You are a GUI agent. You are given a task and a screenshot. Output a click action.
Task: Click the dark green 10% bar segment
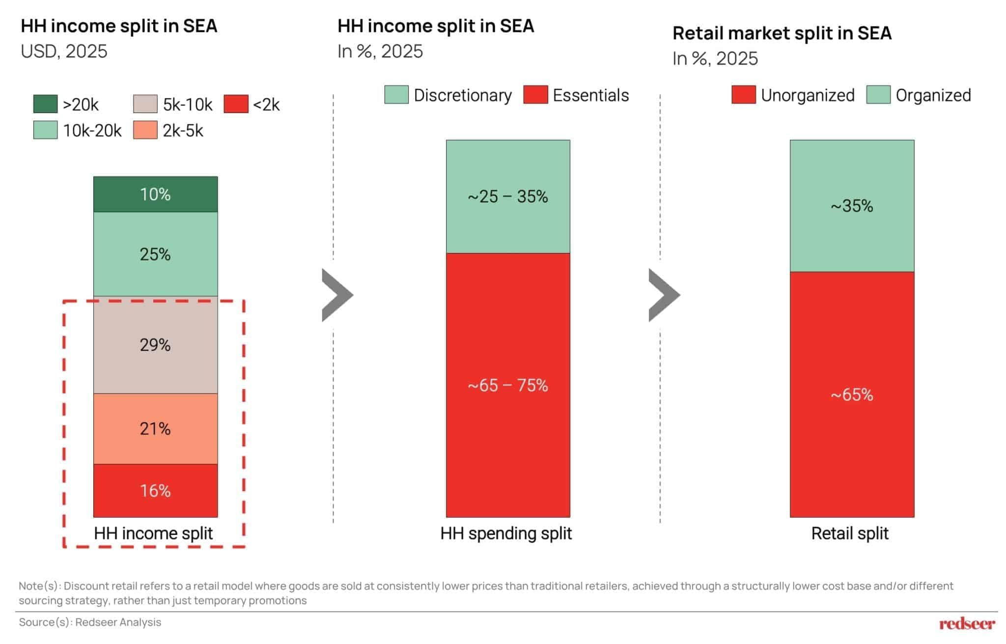tap(155, 194)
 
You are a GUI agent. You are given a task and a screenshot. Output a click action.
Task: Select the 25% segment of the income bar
tap(155, 254)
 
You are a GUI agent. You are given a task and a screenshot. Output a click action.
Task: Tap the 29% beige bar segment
tap(155, 345)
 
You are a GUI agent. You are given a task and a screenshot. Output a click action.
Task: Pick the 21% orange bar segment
tap(155, 429)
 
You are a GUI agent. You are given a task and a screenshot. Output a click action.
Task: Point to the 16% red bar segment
tap(155, 490)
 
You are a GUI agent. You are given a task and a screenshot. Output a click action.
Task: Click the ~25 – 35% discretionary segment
tap(508, 196)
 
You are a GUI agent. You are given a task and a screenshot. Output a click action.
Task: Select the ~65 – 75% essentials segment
tap(508, 385)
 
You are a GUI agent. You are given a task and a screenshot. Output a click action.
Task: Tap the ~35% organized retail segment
tap(852, 206)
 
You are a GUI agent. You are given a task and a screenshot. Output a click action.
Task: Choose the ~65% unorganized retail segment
tap(852, 394)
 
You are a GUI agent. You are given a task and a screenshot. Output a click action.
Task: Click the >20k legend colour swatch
tap(45, 104)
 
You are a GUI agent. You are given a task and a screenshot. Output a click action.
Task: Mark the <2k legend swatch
tap(236, 104)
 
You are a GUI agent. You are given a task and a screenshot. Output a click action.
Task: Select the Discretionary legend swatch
tap(396, 95)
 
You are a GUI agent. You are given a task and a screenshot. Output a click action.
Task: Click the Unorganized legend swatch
tap(743, 95)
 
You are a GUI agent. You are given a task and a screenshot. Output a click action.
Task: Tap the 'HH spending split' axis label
tap(506, 533)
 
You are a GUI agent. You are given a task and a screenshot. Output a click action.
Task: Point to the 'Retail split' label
tap(850, 533)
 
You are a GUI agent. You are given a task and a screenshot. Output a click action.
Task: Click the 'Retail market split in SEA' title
tap(782, 33)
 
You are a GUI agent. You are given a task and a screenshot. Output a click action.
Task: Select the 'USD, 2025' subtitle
tap(64, 51)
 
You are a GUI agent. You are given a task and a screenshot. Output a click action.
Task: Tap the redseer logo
tap(967, 623)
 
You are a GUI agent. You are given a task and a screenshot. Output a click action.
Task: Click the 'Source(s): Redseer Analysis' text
tap(90, 622)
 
